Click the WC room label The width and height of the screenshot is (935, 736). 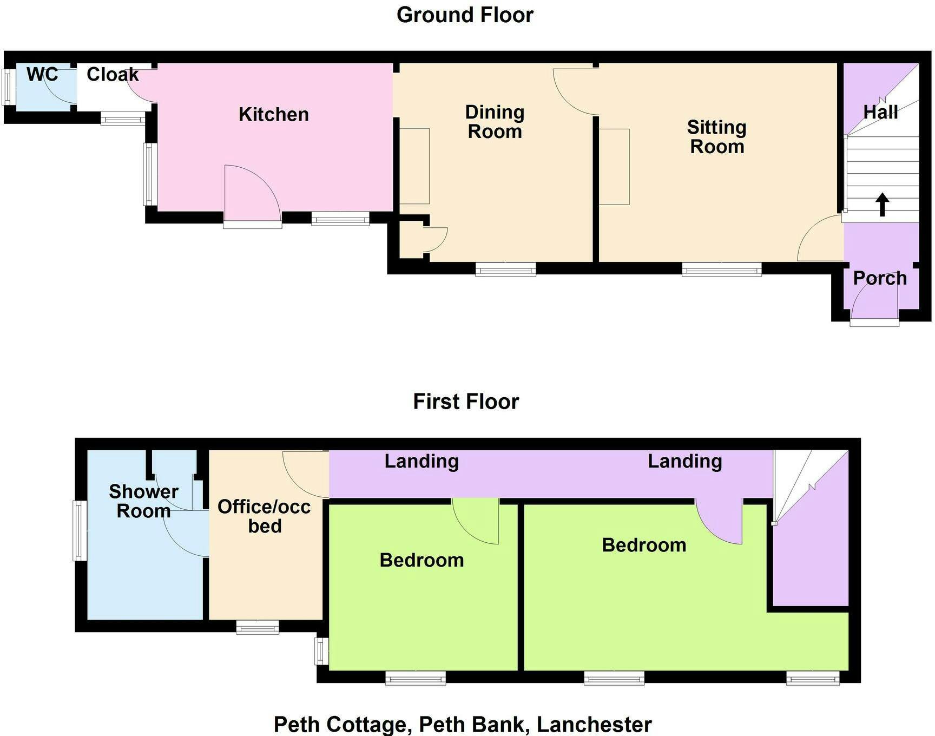click(42, 74)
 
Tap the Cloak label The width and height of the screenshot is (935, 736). click(113, 74)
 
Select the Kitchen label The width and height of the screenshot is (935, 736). click(274, 114)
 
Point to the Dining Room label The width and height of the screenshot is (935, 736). click(495, 122)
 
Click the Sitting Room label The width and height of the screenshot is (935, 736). click(717, 136)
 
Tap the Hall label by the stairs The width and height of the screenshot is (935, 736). click(881, 112)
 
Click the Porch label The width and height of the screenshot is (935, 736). click(880, 278)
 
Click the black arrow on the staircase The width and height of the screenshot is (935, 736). click(883, 205)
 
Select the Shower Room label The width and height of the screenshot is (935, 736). click(143, 501)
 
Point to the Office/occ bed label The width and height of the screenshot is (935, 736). click(265, 516)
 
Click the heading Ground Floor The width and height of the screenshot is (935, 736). click(465, 15)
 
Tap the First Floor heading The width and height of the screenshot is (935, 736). click(466, 402)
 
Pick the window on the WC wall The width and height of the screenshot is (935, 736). click(8, 87)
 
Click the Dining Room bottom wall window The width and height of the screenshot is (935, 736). click(506, 269)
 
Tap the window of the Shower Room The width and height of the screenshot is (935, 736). click(80, 531)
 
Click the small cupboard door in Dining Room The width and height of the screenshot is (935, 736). click(436, 239)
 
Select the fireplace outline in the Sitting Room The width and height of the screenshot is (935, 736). click(614, 167)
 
